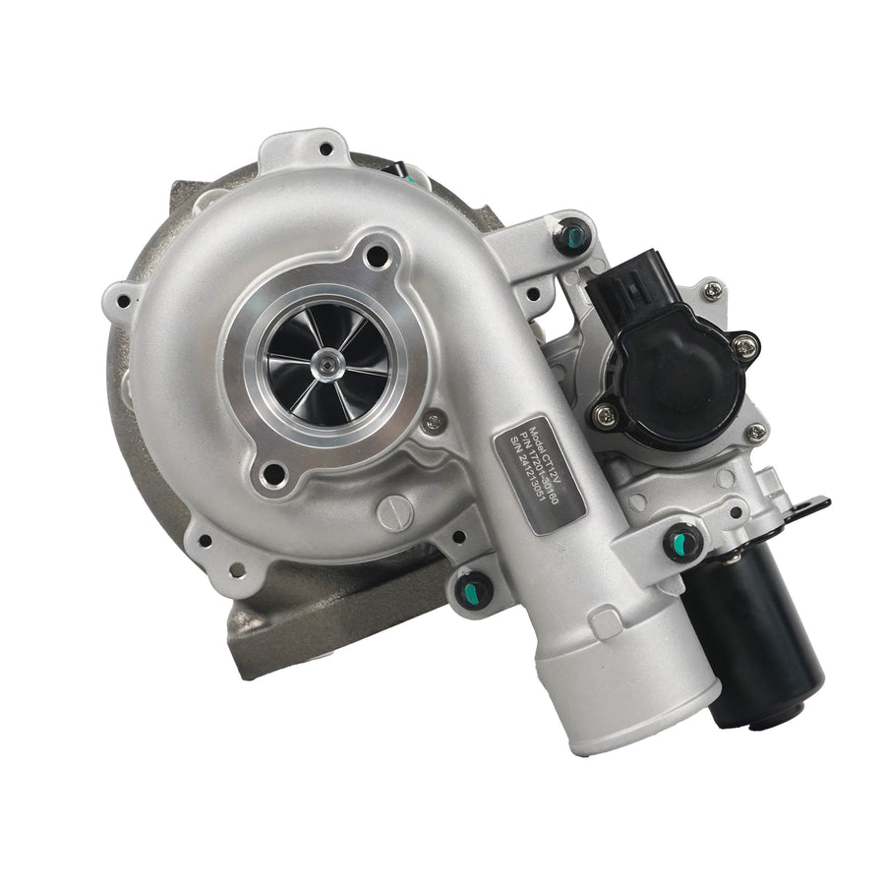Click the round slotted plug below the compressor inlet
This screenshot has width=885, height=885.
[395, 512]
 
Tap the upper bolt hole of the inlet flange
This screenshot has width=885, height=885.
[376, 257]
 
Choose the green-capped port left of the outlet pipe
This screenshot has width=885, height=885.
[475, 589]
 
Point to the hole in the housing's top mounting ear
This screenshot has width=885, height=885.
[325, 150]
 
